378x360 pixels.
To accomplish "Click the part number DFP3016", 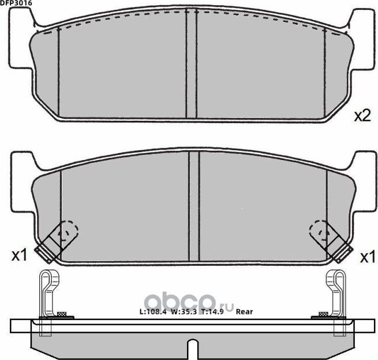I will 16,3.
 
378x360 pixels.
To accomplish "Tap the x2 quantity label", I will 362,116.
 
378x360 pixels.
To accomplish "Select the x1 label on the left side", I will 20,255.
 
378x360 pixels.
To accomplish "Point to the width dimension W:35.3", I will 188,312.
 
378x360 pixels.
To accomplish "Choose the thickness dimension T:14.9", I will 219,312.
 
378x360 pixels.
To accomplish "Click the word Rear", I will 245,312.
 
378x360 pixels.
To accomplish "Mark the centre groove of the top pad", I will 192,64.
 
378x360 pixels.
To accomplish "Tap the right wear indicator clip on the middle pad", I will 331,241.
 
